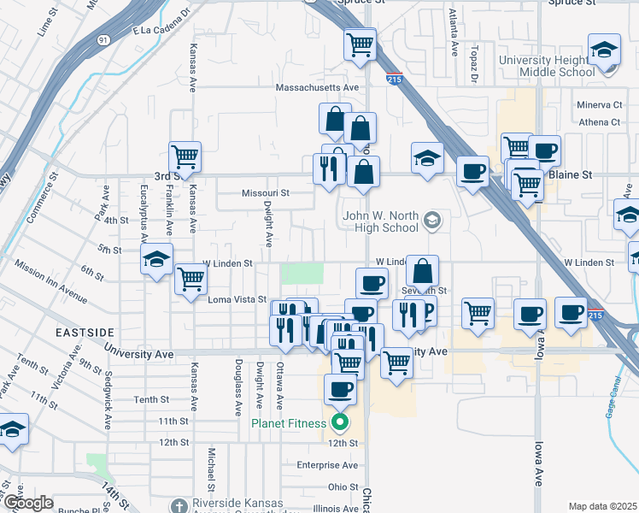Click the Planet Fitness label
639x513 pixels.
(288, 423)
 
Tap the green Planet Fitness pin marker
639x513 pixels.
(340, 422)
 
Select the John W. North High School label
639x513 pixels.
(381, 221)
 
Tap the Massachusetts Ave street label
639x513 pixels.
(317, 88)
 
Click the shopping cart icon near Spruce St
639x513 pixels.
(361, 44)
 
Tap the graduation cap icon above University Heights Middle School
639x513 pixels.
(604, 50)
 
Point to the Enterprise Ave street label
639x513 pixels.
(327, 465)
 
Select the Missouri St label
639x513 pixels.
(266, 193)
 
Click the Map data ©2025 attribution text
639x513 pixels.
(602, 506)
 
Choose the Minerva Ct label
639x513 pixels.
(600, 105)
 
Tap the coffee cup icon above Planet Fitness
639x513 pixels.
(340, 390)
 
